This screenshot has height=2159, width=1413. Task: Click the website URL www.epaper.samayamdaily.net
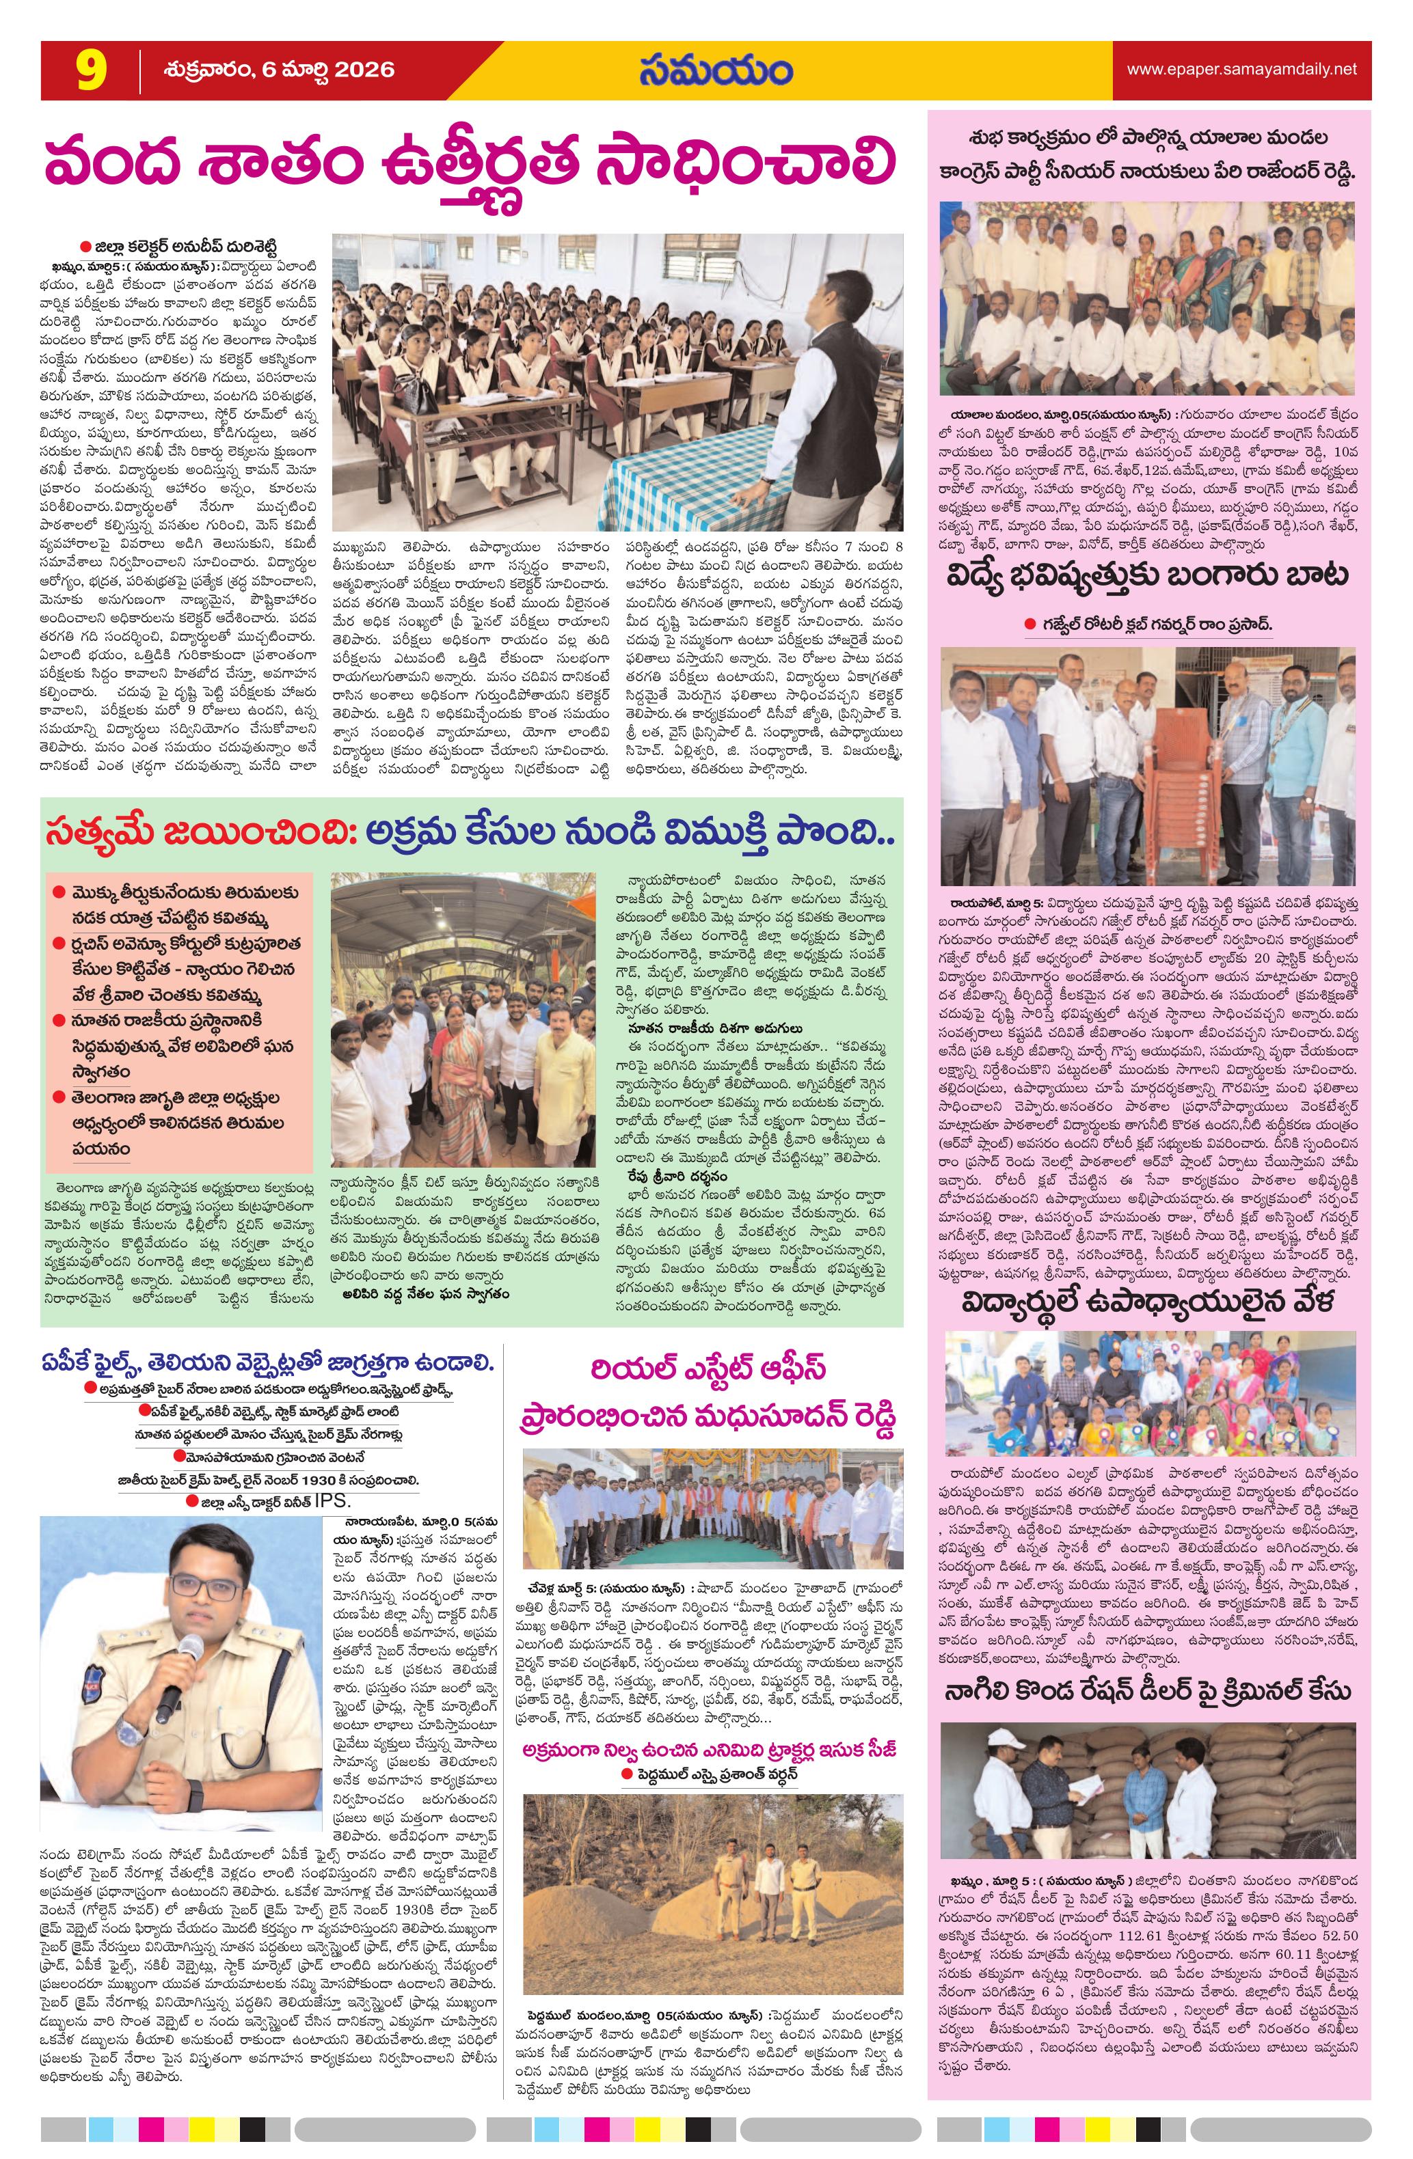(1241, 69)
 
